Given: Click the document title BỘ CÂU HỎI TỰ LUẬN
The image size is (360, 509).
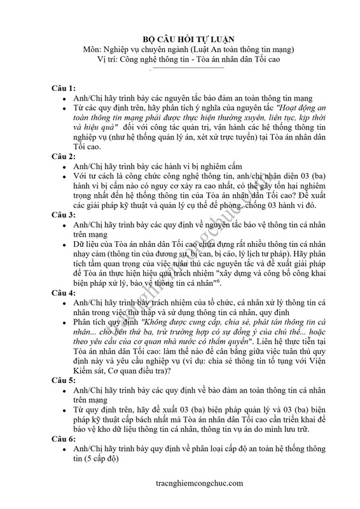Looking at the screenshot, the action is [180, 39].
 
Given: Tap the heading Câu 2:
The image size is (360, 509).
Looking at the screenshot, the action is [64, 156].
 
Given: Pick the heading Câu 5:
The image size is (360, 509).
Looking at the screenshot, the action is [64, 396].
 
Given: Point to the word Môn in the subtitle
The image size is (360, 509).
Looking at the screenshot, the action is [92, 50].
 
